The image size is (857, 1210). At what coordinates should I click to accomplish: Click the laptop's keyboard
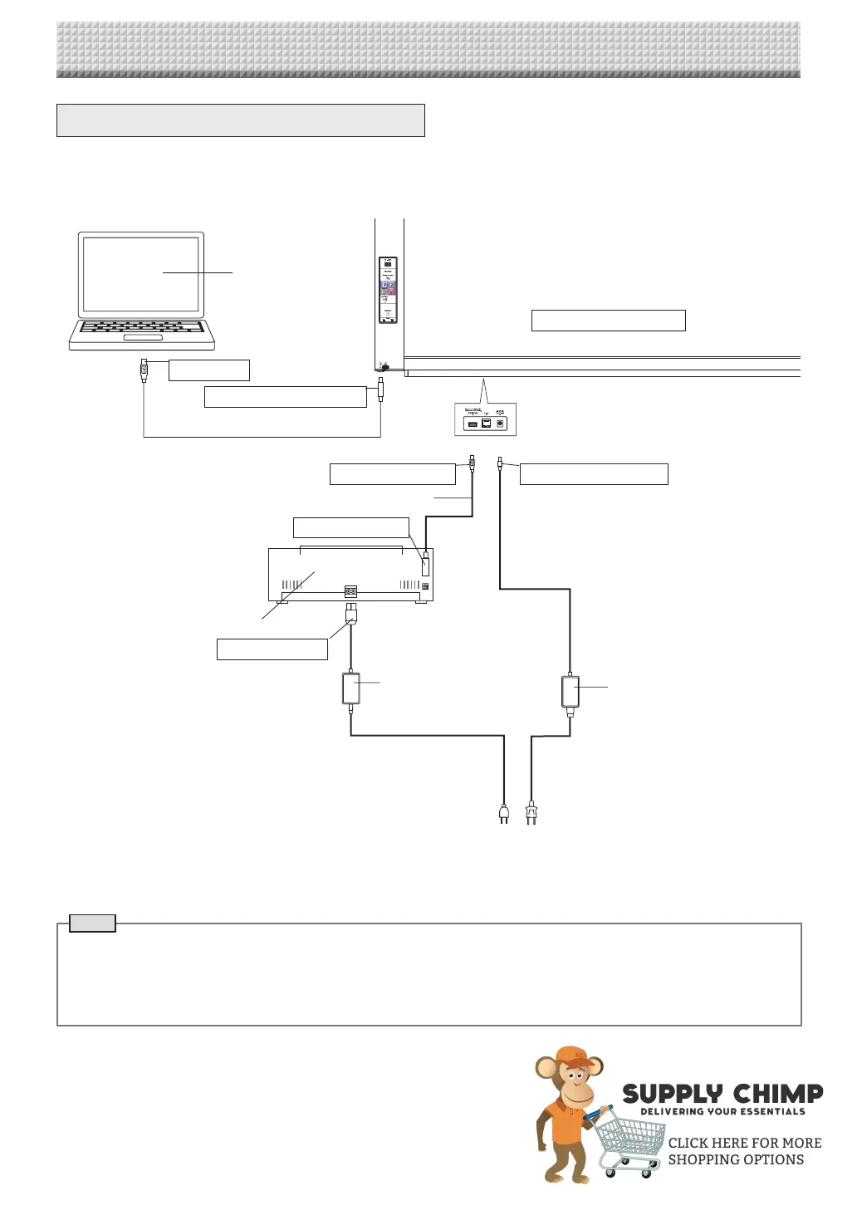(142, 327)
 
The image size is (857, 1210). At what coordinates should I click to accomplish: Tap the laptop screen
(141, 273)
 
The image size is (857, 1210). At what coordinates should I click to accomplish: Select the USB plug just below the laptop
(144, 370)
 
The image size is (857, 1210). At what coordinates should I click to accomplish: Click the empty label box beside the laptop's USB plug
(208, 370)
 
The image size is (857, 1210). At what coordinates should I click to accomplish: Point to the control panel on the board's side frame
(388, 290)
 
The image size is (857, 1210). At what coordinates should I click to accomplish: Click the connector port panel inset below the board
(486, 419)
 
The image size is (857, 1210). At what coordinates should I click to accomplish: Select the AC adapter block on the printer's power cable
(351, 688)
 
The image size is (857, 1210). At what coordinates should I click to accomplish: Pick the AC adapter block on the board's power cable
(570, 691)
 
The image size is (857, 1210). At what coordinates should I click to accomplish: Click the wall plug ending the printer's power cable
(503, 814)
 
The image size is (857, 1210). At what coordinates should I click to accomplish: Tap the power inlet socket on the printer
(350, 592)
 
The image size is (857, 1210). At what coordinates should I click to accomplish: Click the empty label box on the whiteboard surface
(608, 321)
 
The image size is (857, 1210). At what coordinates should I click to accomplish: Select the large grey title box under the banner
(240, 120)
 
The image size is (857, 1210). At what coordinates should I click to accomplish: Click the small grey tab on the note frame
(92, 923)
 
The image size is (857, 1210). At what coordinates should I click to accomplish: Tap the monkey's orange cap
(575, 1057)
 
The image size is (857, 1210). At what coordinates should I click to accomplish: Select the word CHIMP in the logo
(778, 1094)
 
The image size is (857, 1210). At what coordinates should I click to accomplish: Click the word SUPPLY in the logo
(673, 1095)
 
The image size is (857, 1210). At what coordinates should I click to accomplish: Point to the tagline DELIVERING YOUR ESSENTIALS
(722, 1111)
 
